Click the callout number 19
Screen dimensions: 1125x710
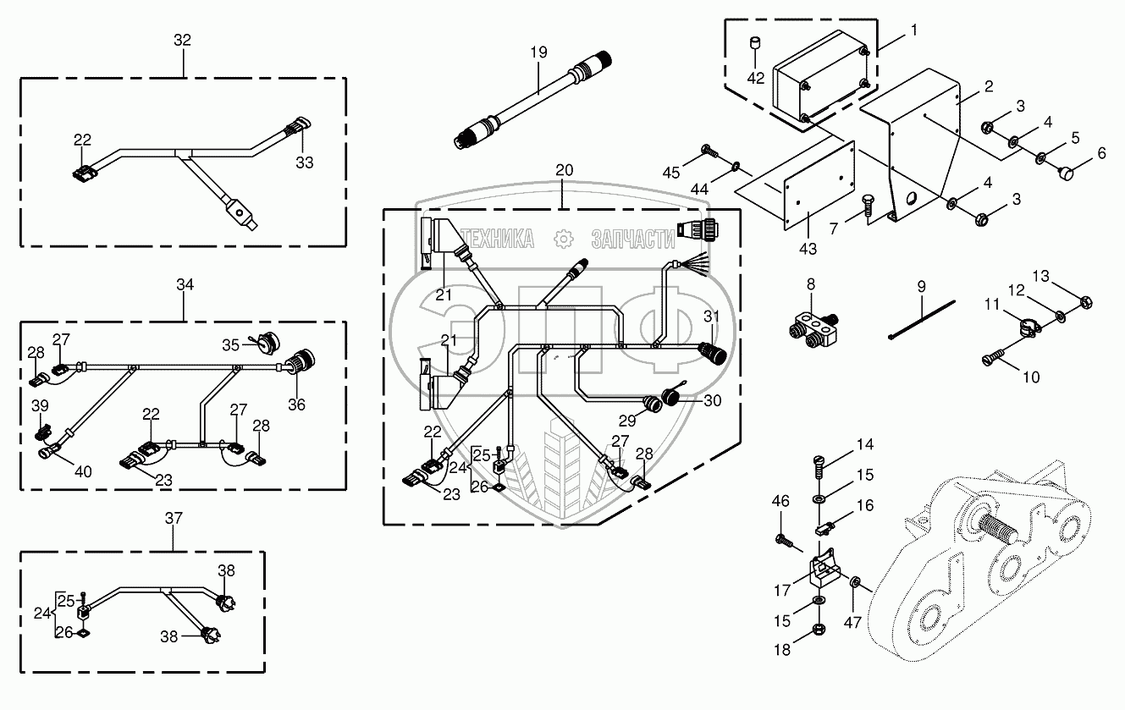tap(538, 52)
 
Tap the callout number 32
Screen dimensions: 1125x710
tap(182, 40)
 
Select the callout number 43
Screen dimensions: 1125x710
tap(808, 249)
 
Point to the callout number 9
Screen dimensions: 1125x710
tap(921, 287)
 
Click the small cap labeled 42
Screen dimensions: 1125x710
tap(754, 44)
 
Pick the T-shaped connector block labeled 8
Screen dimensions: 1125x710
tap(813, 330)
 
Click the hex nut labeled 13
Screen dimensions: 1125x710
tap(1085, 303)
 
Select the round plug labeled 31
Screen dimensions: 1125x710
tap(712, 353)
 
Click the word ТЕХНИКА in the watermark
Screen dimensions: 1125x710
tap(498, 239)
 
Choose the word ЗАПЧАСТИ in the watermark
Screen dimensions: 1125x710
tap(633, 239)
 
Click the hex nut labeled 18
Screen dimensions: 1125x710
tap(818, 629)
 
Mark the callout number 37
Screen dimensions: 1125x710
tap(174, 518)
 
